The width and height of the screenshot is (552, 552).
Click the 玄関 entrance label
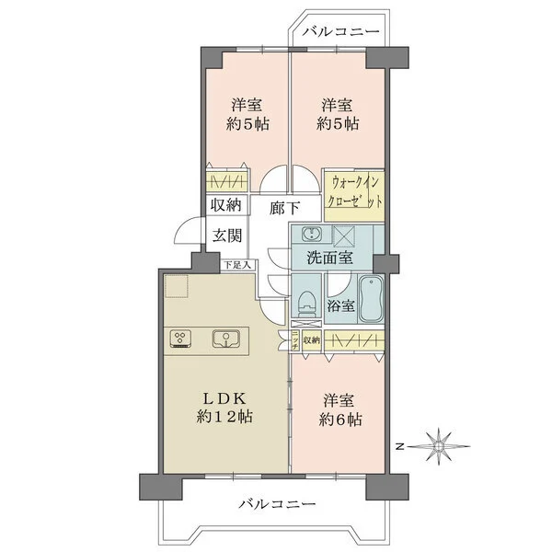click(227, 234)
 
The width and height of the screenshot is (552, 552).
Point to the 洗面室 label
click(328, 259)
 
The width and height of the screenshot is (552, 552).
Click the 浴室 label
click(343, 305)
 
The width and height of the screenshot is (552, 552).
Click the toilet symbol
click(305, 303)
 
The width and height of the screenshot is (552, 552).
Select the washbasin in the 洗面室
click(309, 232)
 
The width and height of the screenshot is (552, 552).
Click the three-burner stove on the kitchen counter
click(180, 339)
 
